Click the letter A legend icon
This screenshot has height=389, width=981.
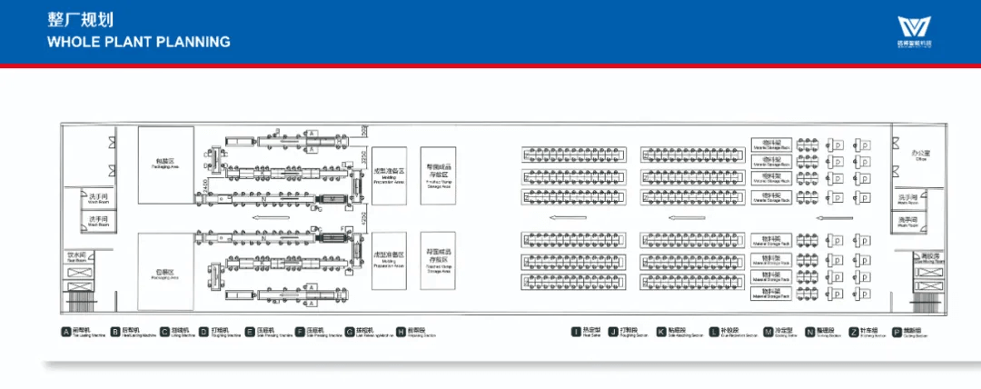pos(65,332)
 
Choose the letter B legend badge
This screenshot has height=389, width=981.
pos(114,332)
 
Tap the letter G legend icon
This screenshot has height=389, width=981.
pos(349,332)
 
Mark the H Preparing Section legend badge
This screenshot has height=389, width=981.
pos(401,332)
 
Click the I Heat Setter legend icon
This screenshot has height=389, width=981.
pos(576,332)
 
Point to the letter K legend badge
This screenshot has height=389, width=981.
pos(660,332)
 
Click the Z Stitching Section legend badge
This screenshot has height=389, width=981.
pos(853,332)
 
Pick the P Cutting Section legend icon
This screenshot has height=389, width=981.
pos(897,332)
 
